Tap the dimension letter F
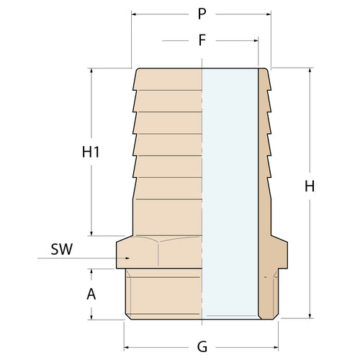point(202,41)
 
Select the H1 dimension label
point(91,152)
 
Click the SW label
point(62,251)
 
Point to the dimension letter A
point(91,294)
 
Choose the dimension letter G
point(202,346)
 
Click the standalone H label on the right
point(310,186)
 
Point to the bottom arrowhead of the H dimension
point(310,315)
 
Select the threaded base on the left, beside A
point(162,295)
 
